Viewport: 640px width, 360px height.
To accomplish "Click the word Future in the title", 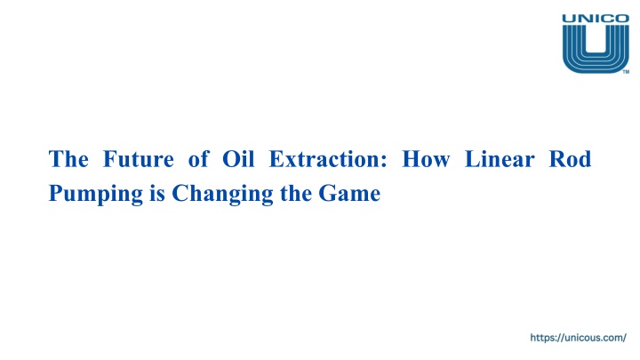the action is click(139, 159).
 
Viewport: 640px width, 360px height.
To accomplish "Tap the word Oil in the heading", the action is click(238, 159).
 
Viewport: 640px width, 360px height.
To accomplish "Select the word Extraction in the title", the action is click(324, 159).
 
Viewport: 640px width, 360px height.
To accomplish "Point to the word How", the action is click(426, 159).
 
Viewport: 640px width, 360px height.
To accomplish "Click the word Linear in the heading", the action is click(500, 159).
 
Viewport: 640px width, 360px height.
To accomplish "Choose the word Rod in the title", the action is click(570, 159).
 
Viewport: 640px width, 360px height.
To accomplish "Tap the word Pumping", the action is click(96, 194).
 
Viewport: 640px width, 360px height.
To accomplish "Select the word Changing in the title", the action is click(222, 194).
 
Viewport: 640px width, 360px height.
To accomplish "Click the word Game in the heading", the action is click(349, 194).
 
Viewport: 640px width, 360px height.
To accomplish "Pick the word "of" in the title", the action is click(199, 159).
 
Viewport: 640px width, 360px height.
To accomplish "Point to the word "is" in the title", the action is click(157, 194).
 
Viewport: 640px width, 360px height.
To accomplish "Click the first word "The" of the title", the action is click(68, 159).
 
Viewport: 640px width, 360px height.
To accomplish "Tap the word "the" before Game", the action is click(296, 194).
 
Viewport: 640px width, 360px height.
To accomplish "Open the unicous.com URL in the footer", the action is click(578, 338).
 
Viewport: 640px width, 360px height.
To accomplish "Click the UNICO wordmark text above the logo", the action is click(596, 19).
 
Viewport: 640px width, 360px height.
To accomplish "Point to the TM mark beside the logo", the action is click(626, 72).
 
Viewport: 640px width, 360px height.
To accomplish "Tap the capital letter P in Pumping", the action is click(55, 192).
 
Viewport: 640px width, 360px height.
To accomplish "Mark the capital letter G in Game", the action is click(326, 193).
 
